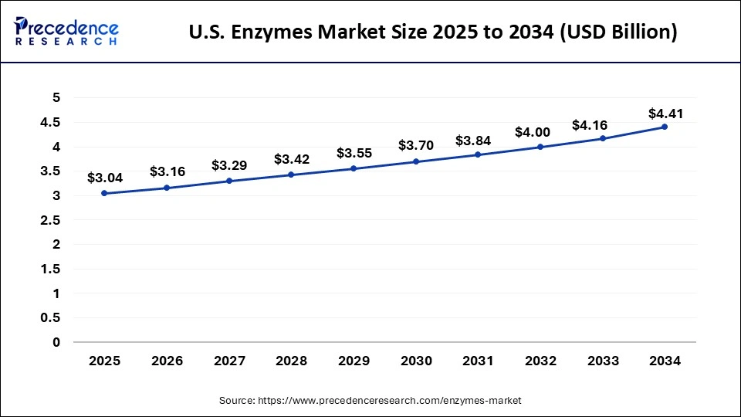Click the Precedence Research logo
tap(66, 32)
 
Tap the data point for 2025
tap(104, 193)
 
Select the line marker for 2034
tap(664, 127)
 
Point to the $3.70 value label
tap(417, 144)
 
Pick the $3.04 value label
tap(104, 178)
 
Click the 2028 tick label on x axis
tap(291, 361)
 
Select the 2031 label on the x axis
tap(478, 361)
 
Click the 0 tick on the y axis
tap(56, 342)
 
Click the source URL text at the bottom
tap(370, 400)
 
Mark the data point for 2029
tap(354, 168)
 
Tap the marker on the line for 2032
tap(540, 147)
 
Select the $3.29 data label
tap(229, 165)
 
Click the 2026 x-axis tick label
tap(167, 361)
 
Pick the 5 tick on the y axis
tap(56, 97)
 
